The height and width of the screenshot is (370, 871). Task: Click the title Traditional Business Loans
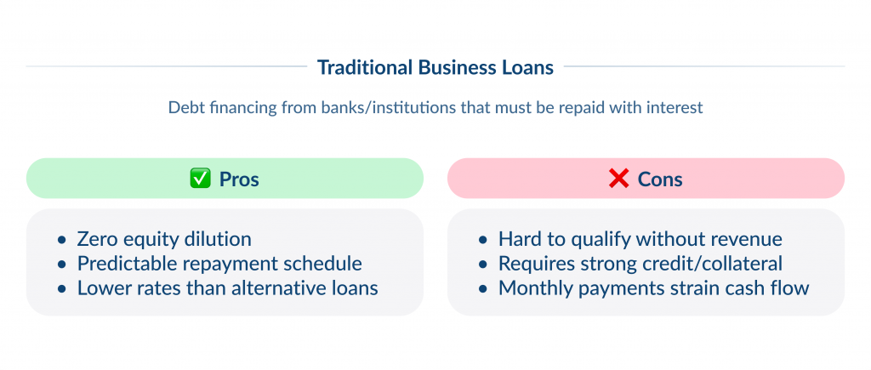click(435, 66)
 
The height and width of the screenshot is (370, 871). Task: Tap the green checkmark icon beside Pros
click(198, 179)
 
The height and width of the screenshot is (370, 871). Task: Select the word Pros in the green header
click(239, 179)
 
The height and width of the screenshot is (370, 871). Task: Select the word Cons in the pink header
click(660, 179)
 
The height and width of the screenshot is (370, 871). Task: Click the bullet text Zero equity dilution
click(164, 239)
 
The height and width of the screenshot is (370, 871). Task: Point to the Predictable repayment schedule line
click(219, 264)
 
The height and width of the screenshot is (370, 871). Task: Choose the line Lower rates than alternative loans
click(227, 288)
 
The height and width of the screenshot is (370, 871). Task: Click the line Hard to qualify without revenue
click(640, 239)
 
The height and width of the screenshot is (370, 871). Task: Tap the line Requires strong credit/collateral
click(640, 264)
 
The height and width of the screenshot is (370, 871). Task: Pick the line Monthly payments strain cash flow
click(653, 288)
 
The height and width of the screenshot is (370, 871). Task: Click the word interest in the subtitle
click(675, 109)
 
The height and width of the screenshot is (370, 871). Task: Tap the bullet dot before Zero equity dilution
click(61, 240)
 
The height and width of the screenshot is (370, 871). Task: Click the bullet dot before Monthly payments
click(483, 289)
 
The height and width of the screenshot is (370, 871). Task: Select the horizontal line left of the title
click(166, 66)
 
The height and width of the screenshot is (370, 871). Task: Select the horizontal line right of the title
click(704, 66)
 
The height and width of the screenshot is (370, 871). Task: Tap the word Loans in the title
click(528, 66)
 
